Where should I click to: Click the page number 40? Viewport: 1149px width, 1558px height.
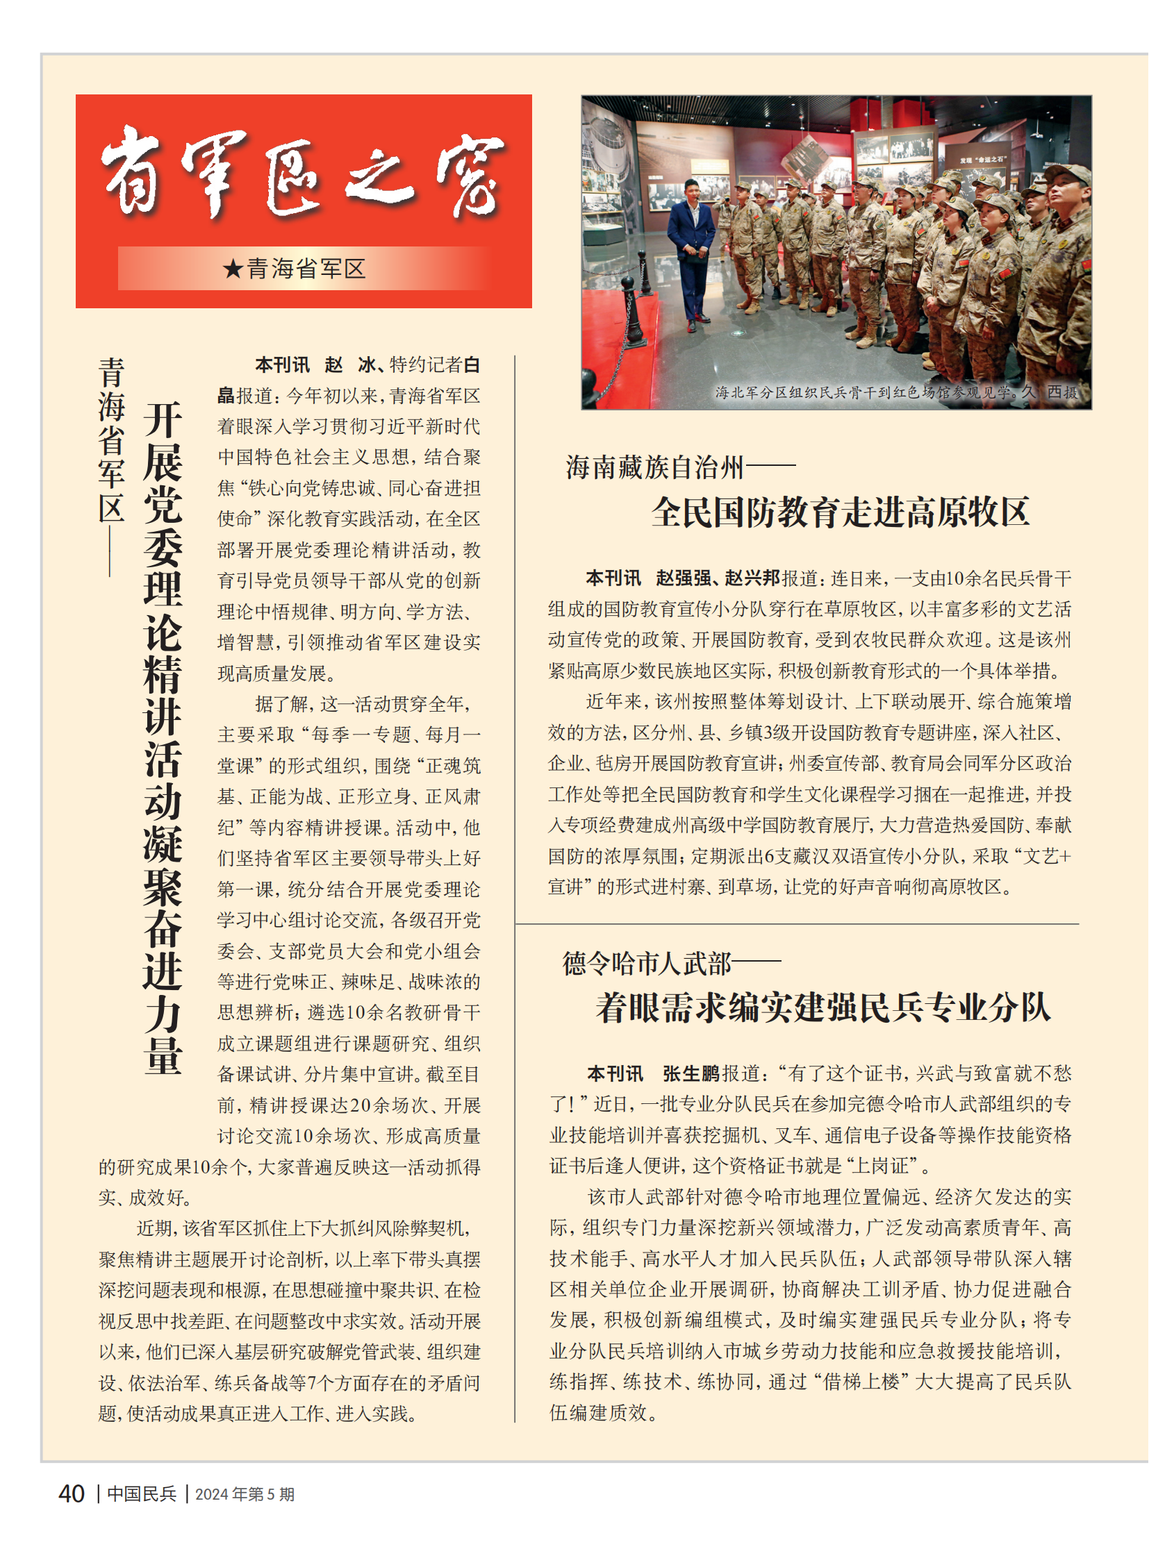click(72, 1493)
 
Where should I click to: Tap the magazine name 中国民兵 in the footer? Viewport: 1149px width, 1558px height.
click(142, 1494)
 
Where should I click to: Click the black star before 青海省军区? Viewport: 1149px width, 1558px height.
click(232, 269)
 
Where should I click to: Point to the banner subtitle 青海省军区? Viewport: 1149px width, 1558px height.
click(306, 269)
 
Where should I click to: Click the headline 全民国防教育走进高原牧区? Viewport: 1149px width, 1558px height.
click(840, 513)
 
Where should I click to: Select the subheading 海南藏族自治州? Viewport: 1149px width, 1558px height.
click(654, 467)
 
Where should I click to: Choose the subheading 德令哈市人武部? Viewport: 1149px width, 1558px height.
click(647, 964)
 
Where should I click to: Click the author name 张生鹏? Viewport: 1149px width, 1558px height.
click(691, 1073)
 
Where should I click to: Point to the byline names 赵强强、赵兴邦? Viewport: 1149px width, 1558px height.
click(717, 578)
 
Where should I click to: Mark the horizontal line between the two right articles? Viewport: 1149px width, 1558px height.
click(797, 924)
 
